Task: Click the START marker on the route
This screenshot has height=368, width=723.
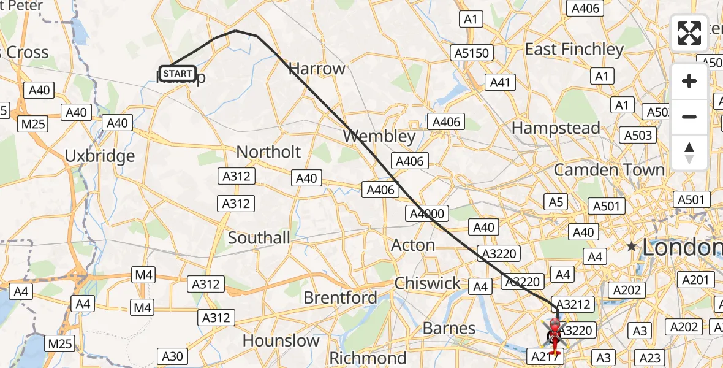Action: tap(178, 74)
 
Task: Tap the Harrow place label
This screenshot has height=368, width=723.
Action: tap(317, 69)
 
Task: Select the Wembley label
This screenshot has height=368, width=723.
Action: tap(379, 136)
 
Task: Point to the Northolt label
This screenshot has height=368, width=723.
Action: tap(268, 152)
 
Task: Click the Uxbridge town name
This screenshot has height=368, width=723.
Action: tap(100, 156)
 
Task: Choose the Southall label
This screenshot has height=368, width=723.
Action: tap(259, 238)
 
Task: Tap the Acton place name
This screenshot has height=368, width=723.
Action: tap(413, 245)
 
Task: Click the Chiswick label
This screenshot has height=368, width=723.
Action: tap(428, 283)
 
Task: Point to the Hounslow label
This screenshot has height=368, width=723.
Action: tap(281, 340)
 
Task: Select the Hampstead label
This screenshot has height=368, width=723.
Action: tap(556, 128)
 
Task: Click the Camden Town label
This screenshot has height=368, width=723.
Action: tap(609, 170)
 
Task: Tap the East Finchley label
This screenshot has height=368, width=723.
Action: tap(574, 49)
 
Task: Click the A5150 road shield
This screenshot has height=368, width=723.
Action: tap(472, 53)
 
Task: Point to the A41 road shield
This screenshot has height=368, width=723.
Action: tap(500, 82)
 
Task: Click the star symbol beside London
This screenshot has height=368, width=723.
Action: tap(632, 247)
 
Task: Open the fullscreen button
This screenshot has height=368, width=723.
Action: tap(689, 33)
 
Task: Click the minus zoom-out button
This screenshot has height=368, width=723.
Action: tap(689, 117)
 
